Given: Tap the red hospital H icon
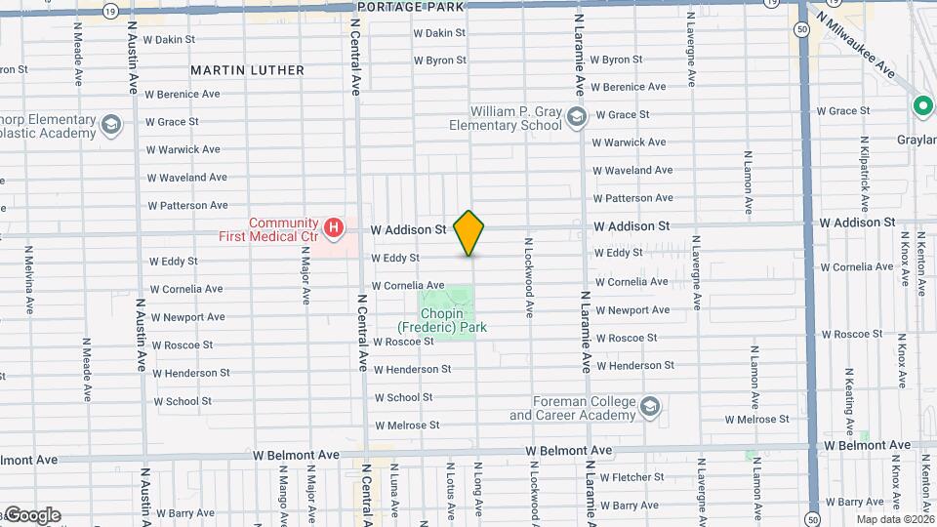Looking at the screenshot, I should pos(335,229).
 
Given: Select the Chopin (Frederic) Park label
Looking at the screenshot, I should pos(441,321).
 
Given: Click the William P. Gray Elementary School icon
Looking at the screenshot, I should pos(576,118).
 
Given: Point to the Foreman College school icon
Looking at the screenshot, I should pos(650,404).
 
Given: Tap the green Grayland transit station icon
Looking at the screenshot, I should pos(921,105).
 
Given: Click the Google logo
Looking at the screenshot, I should pos(32,515).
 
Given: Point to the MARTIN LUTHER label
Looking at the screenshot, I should pos(247,70).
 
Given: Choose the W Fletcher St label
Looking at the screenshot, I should pos(631,477).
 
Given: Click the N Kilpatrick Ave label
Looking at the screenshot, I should pos(866,181).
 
